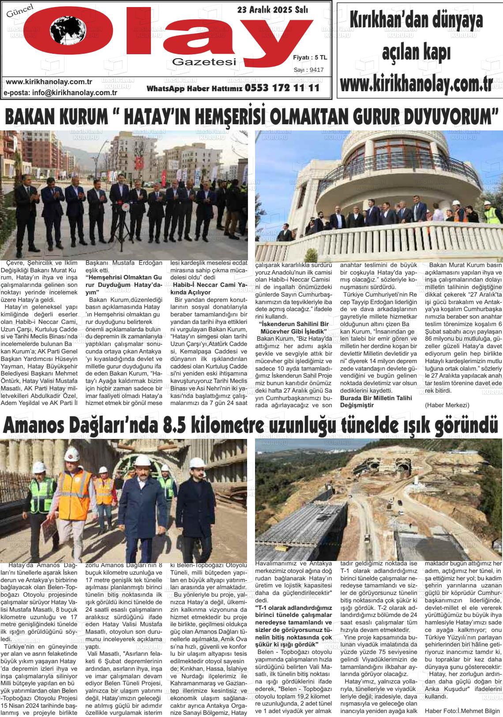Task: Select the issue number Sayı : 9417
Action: (309, 70)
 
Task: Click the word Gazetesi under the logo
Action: (204, 62)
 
